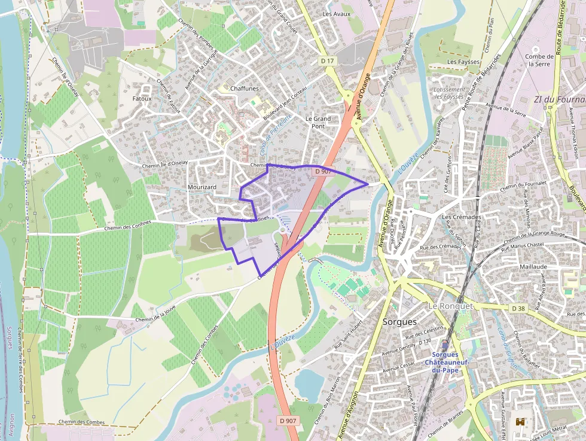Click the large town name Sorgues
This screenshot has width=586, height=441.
pyautogui.click(x=399, y=322)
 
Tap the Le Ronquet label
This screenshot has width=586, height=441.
pyautogui.click(x=450, y=306)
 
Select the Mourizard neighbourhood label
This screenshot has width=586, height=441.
pyautogui.click(x=202, y=187)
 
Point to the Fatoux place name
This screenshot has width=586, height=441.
pyautogui.click(x=142, y=98)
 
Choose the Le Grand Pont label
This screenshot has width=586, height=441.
pyautogui.click(x=318, y=122)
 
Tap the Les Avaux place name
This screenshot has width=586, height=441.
pyautogui.click(x=336, y=14)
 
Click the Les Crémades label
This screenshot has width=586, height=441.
pyautogui.click(x=461, y=217)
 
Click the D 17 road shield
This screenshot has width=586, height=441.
pyautogui.click(x=327, y=61)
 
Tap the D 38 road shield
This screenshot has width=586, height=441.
pyautogui.click(x=518, y=308)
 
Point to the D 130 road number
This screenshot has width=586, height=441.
pyautogui.click(x=425, y=342)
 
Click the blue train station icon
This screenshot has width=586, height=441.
pyautogui.click(x=445, y=345)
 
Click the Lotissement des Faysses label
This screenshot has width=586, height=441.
pyautogui.click(x=447, y=93)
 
